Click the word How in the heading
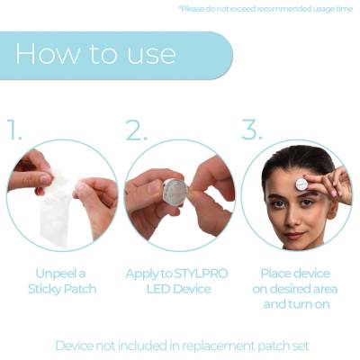[x=48, y=54]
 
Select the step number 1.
[x=14, y=130]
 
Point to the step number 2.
[x=136, y=130]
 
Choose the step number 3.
[x=252, y=130]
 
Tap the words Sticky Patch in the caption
[x=62, y=290]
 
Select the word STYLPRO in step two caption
[x=200, y=274]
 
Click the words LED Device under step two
[x=179, y=289]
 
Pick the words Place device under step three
[x=295, y=274]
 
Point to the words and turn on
[x=296, y=304]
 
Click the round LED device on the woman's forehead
[x=301, y=184]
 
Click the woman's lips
[x=295, y=234]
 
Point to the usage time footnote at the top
[x=265, y=9]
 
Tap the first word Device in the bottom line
[x=75, y=346]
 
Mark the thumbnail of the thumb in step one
[x=46, y=180]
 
